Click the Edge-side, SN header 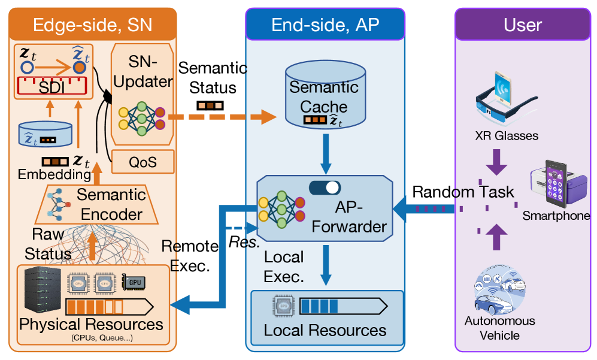(x=92, y=25)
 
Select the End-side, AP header (x=325, y=25)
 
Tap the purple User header (x=523, y=25)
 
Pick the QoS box (x=143, y=161)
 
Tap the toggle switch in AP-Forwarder (x=325, y=188)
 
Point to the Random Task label (x=463, y=192)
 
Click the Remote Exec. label (x=190, y=255)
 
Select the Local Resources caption (x=325, y=330)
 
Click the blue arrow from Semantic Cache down (x=325, y=152)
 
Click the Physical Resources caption (x=92, y=325)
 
